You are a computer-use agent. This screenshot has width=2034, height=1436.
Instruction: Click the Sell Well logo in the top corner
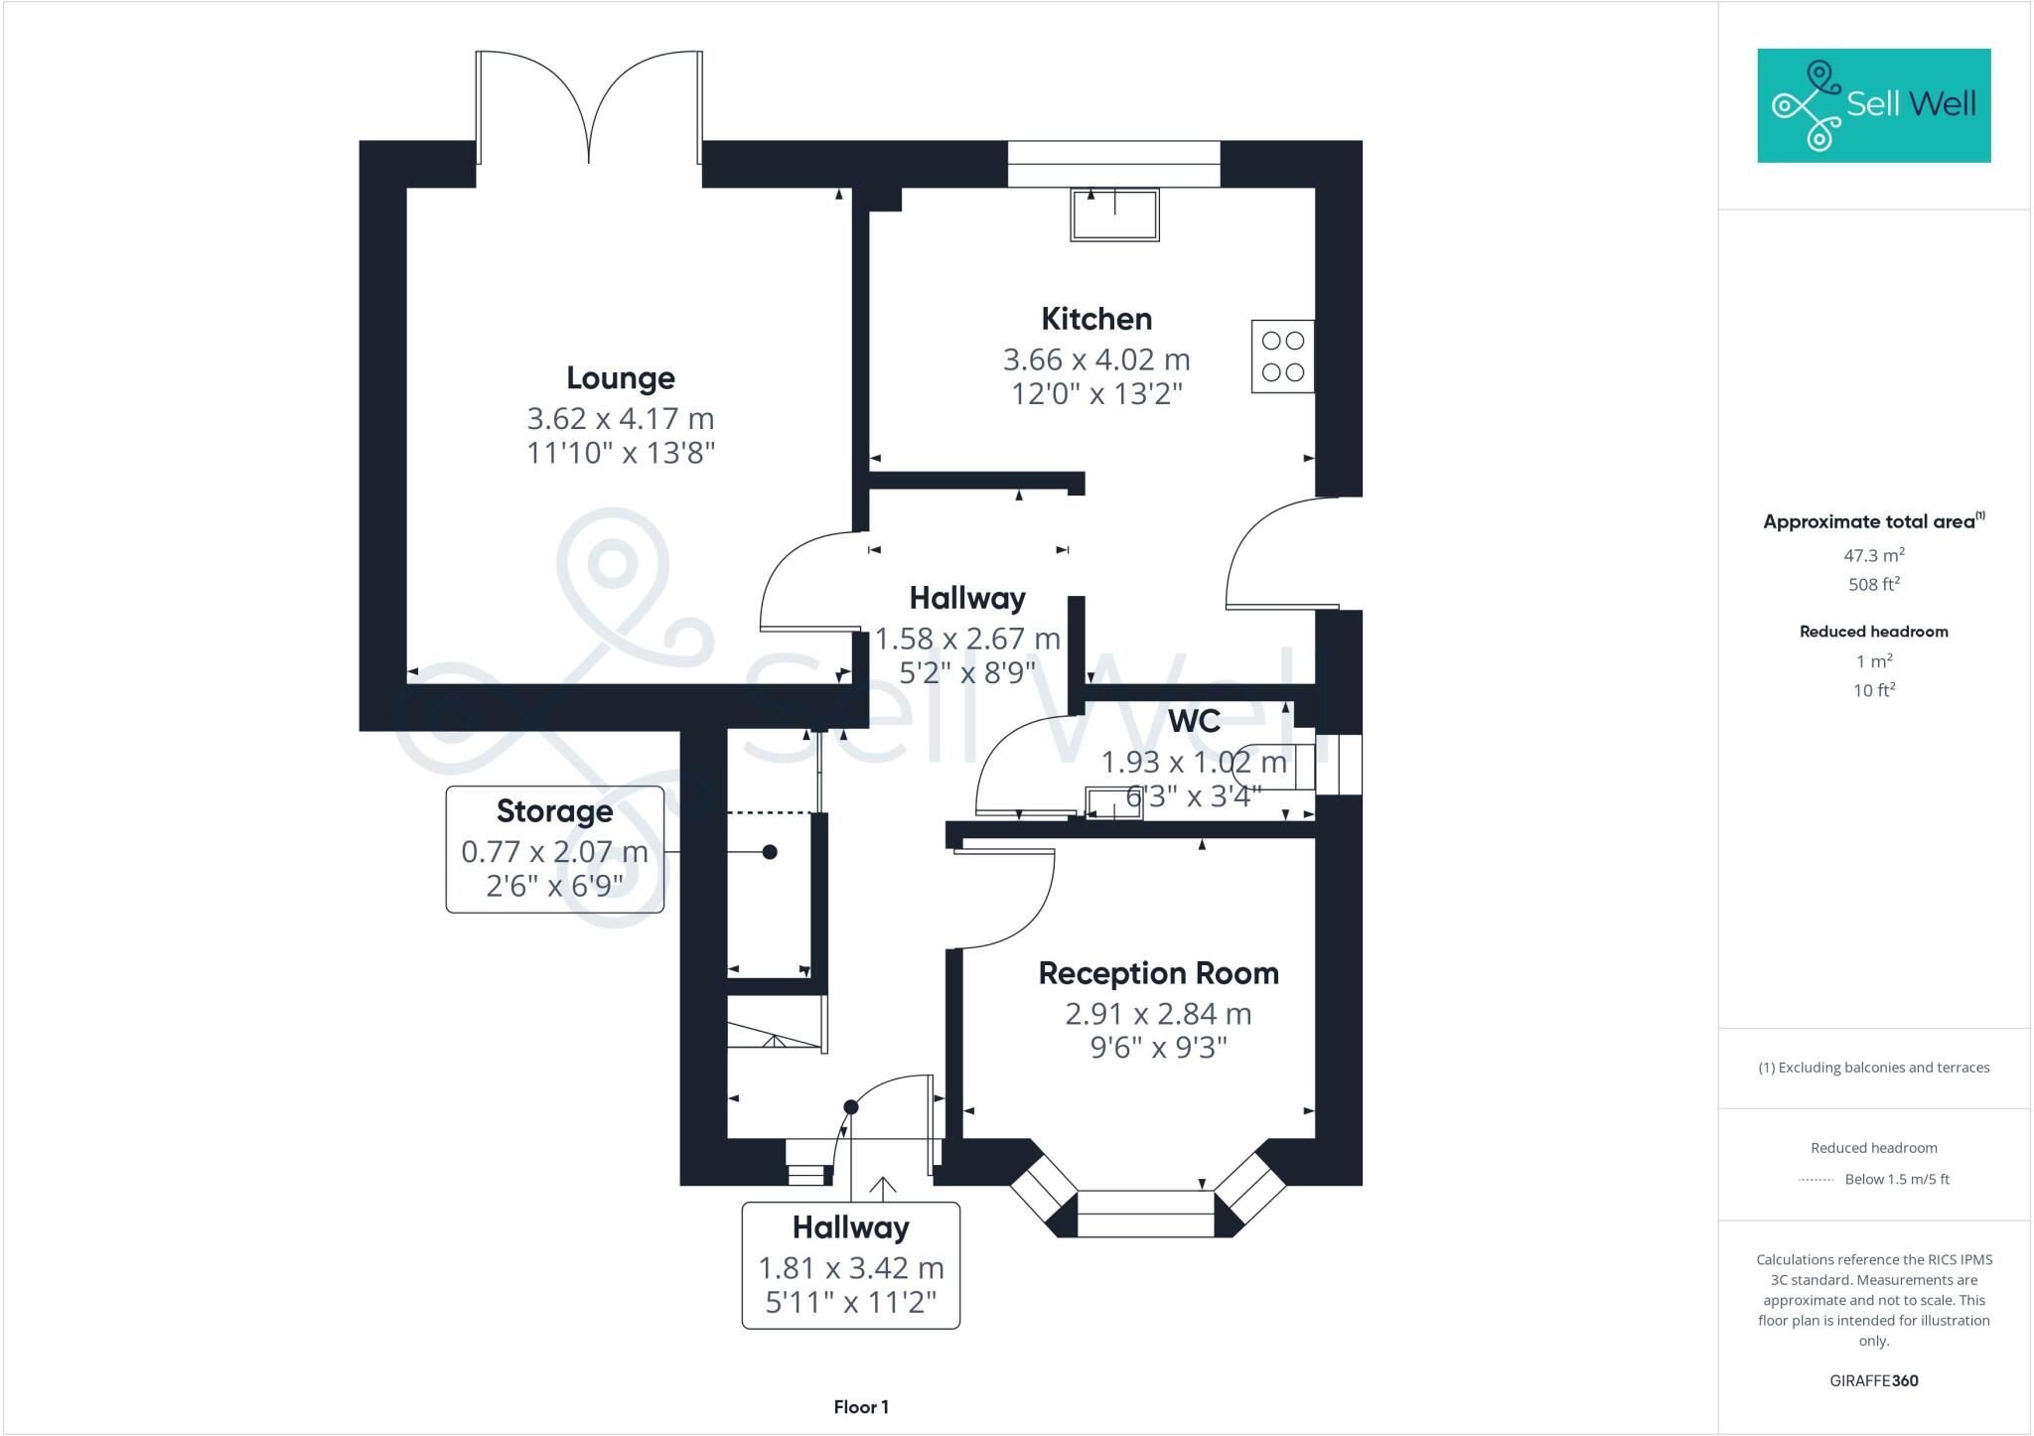[1873, 105]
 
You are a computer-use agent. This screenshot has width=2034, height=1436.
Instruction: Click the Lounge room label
[621, 378]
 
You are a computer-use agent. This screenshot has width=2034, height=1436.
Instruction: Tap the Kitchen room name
[1096, 319]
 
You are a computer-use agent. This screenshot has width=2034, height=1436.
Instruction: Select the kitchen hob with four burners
[1282, 357]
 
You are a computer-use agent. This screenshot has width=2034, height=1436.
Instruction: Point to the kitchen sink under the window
[1114, 215]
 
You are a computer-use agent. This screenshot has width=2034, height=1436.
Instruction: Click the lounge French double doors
[589, 109]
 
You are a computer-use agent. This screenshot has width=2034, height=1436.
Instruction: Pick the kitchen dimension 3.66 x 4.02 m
[1096, 359]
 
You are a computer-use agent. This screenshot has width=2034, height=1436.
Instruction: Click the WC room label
[1194, 721]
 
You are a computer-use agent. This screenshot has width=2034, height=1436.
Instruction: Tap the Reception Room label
[1158, 973]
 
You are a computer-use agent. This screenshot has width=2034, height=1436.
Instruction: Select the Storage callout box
[554, 849]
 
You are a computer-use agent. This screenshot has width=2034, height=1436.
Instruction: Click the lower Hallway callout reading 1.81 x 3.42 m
[851, 1265]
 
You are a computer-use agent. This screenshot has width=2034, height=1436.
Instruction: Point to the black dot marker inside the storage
[770, 852]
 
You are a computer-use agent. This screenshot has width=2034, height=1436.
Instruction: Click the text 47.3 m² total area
[1873, 555]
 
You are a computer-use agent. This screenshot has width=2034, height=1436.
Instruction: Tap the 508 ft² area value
[1873, 585]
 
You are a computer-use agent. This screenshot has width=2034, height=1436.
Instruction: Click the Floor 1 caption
[861, 1407]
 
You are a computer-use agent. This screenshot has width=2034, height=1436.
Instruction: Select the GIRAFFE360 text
[1873, 1380]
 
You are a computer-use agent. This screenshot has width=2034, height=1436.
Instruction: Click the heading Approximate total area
[1869, 521]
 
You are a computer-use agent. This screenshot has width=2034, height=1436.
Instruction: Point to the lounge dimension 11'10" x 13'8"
[621, 453]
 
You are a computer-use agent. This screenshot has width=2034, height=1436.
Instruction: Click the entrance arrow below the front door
[883, 1187]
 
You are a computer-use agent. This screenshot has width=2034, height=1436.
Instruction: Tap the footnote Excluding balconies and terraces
[1873, 1068]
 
